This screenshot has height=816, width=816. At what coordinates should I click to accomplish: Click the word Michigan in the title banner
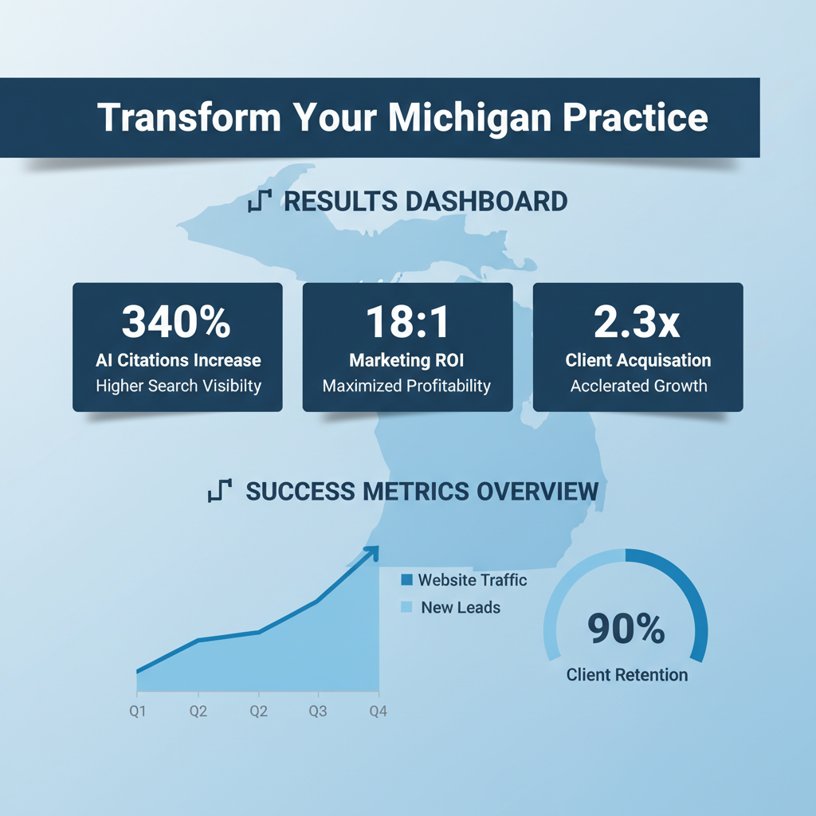click(469, 117)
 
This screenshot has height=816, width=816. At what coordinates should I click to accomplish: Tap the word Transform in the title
click(189, 117)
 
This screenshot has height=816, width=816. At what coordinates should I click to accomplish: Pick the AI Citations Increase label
click(178, 360)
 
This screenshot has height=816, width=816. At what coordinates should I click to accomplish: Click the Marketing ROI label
click(407, 360)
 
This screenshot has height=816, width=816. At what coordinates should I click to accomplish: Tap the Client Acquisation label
click(637, 360)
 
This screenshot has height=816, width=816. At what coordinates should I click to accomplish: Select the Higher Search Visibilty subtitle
click(178, 386)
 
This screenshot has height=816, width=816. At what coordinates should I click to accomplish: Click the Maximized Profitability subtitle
click(407, 386)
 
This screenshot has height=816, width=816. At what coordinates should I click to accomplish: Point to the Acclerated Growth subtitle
click(637, 386)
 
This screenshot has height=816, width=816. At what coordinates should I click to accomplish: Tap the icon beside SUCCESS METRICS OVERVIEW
click(219, 491)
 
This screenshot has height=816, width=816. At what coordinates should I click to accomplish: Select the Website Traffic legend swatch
click(407, 580)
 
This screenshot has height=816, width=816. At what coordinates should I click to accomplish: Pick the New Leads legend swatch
click(407, 607)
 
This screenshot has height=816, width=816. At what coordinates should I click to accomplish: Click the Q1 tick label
click(137, 712)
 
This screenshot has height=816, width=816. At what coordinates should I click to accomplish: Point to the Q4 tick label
click(379, 712)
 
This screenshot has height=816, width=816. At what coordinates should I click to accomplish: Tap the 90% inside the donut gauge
click(626, 630)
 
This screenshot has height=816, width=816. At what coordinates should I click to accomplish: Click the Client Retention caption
click(626, 675)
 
